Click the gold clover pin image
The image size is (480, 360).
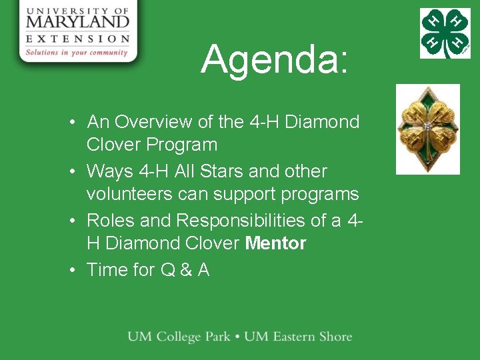tap(428, 129)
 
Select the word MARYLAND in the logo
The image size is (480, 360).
tap(78, 22)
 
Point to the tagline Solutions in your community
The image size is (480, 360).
tap(77, 53)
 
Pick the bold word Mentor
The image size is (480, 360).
tap(275, 243)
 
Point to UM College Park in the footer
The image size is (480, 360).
tap(179, 337)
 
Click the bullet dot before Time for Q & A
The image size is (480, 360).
tap(77, 270)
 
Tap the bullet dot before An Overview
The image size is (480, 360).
tap(77, 123)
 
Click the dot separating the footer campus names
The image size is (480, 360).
tap(237, 337)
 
